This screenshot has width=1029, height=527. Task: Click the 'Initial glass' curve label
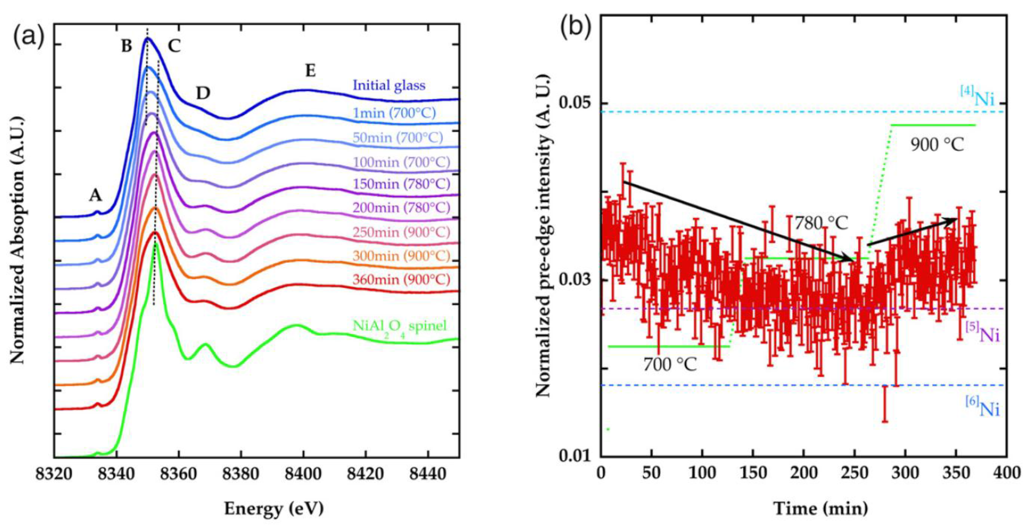389,85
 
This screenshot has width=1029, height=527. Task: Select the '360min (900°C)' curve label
401,279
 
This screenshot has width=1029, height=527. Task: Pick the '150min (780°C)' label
401,184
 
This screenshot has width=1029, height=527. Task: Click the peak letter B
126,47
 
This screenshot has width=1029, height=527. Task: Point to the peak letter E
310,71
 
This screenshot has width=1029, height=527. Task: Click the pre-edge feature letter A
95,196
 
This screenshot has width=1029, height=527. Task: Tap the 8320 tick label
54,474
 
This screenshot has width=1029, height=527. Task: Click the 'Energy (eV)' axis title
274,509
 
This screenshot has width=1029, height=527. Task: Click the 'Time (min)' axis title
821,509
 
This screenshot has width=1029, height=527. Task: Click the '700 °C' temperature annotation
670,364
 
